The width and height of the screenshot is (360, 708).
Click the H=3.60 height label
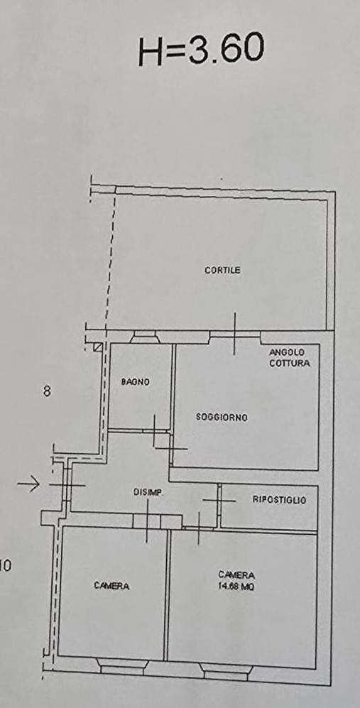click(201, 49)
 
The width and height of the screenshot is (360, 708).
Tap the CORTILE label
click(222, 271)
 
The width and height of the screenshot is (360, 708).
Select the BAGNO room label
click(135, 382)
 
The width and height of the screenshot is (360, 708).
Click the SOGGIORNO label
click(222, 418)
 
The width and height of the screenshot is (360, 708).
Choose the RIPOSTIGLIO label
click(279, 500)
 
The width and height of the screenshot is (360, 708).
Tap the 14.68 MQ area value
click(236, 587)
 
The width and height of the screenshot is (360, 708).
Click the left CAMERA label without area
click(111, 586)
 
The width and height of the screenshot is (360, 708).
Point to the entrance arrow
click(28, 484)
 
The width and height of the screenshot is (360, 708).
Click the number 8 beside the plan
click(47, 391)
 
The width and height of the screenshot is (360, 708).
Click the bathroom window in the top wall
click(143, 337)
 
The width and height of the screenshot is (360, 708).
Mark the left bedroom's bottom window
click(122, 665)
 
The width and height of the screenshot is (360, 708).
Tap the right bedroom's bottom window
click(226, 670)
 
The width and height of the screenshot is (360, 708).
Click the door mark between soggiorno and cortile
click(234, 334)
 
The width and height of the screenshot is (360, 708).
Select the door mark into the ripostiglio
click(219, 501)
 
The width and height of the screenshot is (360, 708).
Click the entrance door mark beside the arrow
click(67, 485)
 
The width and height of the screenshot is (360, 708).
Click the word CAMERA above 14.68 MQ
click(236, 575)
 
